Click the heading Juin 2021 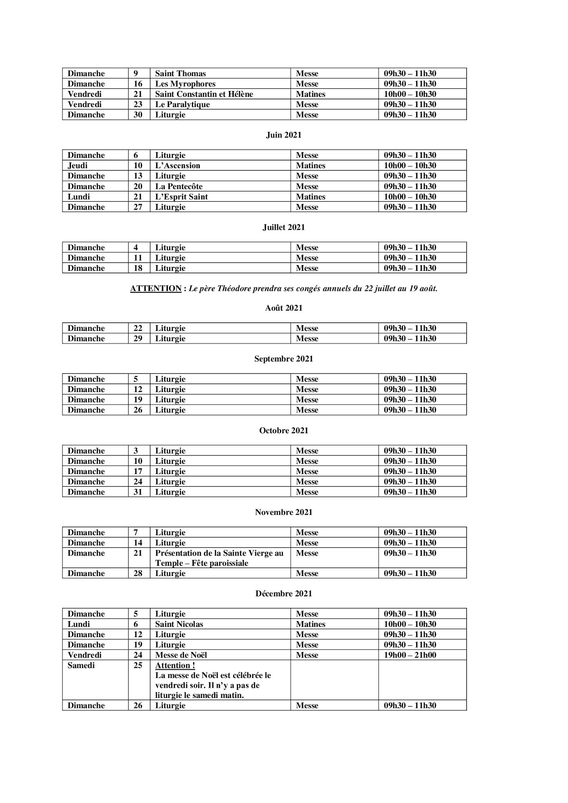[x=284, y=135]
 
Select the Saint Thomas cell [x=180, y=73]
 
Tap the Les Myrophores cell [x=185, y=84]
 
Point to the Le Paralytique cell [x=182, y=104]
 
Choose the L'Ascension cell [x=178, y=165]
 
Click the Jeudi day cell [x=78, y=165]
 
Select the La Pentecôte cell [x=179, y=186]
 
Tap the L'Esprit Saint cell [x=181, y=196]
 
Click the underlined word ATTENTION [x=156, y=289]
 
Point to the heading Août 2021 [x=284, y=308]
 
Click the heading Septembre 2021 [x=284, y=359]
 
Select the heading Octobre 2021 [x=284, y=431]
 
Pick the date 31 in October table [x=138, y=492]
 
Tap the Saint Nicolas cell [x=179, y=624]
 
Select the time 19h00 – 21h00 [x=410, y=655]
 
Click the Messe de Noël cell [x=181, y=655]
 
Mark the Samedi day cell [x=81, y=665]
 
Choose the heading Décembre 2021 [x=284, y=594]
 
